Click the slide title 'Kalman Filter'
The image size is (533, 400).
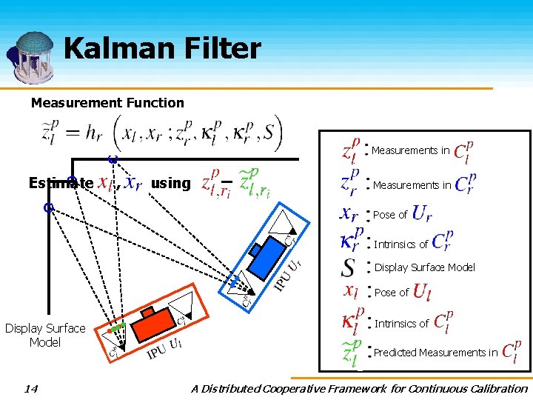pos(162,50)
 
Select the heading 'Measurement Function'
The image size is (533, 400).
pos(107,103)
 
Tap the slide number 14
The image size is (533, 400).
pos(30,388)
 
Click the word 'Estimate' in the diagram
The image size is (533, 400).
pos(61,183)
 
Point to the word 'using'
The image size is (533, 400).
pos(170,183)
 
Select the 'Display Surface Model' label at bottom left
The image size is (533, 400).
pos(45,335)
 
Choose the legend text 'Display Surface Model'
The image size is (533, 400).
pos(424,267)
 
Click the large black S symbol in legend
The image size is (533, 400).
pos(348,267)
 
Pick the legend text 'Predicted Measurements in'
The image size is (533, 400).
pos(435,353)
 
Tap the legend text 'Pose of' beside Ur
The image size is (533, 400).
pos(390,215)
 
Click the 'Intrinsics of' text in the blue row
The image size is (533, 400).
pos(400,244)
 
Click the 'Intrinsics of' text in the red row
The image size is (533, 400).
pos(401,324)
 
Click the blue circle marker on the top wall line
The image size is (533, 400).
pos(113,159)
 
